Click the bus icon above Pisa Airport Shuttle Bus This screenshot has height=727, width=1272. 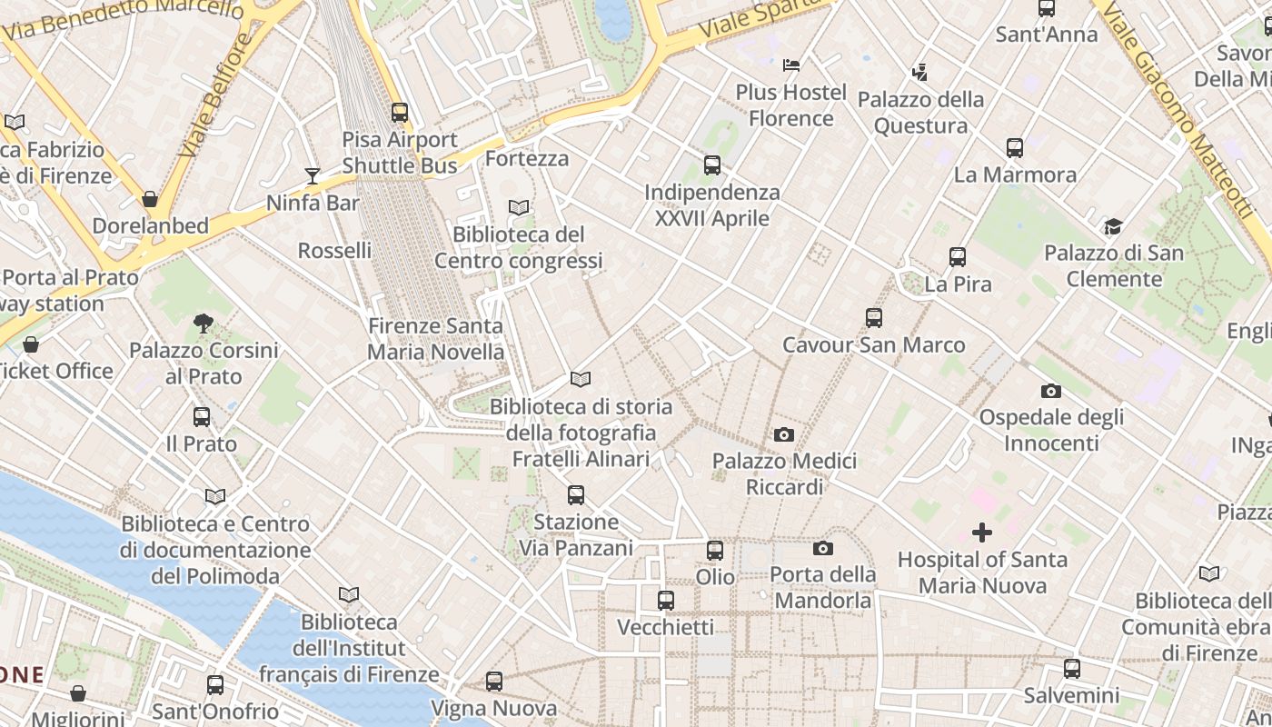(x=400, y=113)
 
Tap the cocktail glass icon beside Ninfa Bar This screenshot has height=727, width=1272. (x=313, y=175)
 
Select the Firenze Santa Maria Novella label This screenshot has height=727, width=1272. (x=435, y=338)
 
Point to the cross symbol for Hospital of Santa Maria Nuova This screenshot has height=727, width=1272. (x=982, y=533)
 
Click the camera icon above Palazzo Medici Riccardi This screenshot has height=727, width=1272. (x=784, y=435)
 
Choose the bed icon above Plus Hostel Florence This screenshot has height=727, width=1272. (x=791, y=65)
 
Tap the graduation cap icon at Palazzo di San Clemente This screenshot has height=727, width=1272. (x=1113, y=226)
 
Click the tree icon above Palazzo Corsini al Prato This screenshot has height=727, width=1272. (x=204, y=323)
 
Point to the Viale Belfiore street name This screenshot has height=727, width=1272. (x=214, y=95)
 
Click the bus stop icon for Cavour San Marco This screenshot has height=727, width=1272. (x=874, y=318)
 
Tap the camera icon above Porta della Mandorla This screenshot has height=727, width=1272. (x=823, y=548)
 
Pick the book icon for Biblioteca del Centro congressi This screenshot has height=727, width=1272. (x=519, y=208)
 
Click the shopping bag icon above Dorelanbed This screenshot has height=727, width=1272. (x=150, y=199)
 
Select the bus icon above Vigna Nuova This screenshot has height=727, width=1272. (x=494, y=681)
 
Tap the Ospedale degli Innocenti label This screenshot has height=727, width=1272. (x=1051, y=430)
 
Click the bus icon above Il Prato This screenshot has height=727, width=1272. (x=202, y=417)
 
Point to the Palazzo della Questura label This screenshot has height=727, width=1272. (x=920, y=112)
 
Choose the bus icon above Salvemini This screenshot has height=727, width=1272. (x=1072, y=669)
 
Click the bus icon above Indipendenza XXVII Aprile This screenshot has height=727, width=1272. (x=712, y=165)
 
